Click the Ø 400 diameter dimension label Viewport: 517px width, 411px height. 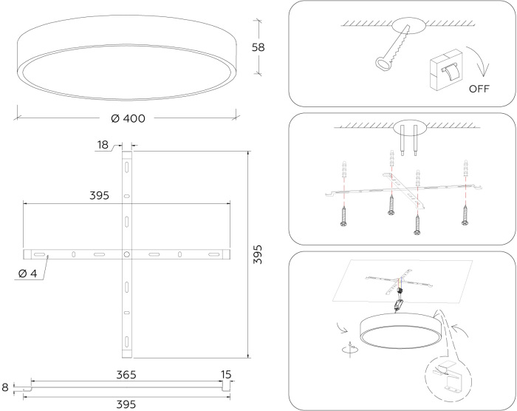click(x=129, y=118)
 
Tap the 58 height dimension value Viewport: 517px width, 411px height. click(x=258, y=47)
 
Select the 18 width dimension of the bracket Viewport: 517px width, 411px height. click(x=103, y=145)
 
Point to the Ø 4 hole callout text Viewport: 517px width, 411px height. click(x=28, y=274)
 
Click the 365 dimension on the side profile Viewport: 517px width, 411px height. click(x=126, y=375)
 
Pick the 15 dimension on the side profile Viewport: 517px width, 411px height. click(x=226, y=375)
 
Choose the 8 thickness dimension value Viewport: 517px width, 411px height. click(x=5, y=387)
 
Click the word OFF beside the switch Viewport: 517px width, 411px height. click(x=479, y=89)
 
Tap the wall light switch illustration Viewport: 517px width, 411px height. click(x=446, y=70)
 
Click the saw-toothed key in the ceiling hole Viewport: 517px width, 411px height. click(x=393, y=49)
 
